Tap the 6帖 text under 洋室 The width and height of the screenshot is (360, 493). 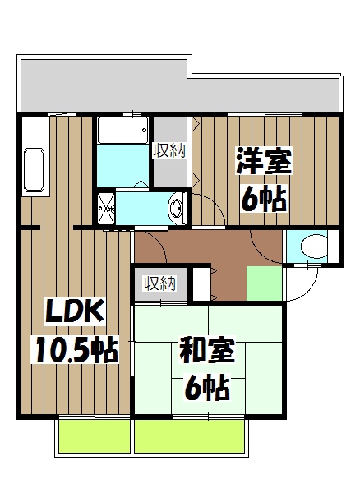click(263, 198)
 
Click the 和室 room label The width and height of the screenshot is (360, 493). click(207, 351)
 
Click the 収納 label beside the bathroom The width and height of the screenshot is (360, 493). click(169, 150)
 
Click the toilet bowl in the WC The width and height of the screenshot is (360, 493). click(312, 245)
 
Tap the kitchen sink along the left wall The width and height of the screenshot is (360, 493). click(34, 168)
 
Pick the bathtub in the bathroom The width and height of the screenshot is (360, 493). click(122, 130)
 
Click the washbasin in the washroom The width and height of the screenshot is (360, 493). click(176, 208)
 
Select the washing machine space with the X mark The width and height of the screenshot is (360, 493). click(107, 208)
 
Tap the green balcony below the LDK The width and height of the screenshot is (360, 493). click(95, 435)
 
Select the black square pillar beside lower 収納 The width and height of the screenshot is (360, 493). click(200, 284)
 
